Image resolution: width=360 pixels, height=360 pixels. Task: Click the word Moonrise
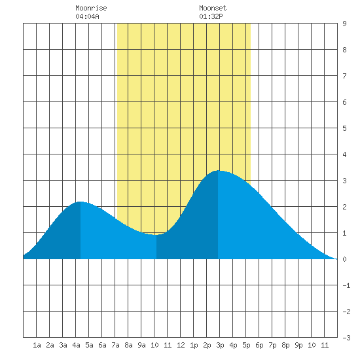tap(91, 8)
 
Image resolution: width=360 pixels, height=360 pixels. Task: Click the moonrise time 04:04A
tap(88, 16)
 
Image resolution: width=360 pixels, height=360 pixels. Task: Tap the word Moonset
tap(213, 8)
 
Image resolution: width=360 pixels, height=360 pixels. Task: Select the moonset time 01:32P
tap(211, 16)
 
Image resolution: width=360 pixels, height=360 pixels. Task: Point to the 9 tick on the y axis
tap(344, 24)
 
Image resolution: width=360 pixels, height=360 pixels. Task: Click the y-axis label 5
tap(344, 128)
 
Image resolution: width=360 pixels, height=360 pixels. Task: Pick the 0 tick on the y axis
tap(344, 259)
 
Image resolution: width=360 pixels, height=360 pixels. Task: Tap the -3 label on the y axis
tap(346, 338)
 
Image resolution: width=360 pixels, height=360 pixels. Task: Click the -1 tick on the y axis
tap(346, 285)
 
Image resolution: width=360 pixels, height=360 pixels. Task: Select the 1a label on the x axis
tap(37, 345)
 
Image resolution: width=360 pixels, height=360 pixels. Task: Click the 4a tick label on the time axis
tap(76, 345)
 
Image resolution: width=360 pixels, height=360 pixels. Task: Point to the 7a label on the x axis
tap(115, 345)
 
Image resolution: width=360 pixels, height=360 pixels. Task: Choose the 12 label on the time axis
tap(181, 345)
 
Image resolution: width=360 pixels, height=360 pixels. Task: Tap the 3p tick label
tap(220, 345)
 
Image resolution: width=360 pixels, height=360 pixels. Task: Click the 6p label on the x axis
tap(259, 345)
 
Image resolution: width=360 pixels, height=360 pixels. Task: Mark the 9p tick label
tap(298, 345)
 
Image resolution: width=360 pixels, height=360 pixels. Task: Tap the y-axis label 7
tap(344, 76)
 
